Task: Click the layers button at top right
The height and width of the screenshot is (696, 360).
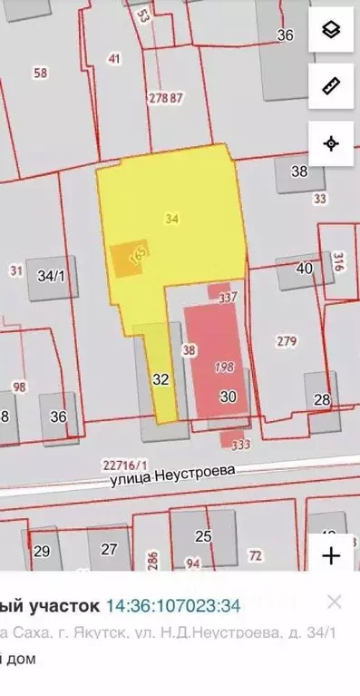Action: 331,31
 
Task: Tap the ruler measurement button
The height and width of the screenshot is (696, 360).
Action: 331,86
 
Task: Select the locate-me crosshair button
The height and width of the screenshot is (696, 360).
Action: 331,143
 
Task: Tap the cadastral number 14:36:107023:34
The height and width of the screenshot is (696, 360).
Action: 174,603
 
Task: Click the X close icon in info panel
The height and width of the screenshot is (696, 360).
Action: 335,602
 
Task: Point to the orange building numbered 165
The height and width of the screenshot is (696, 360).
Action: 127,260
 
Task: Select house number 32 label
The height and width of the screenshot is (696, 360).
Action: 161,379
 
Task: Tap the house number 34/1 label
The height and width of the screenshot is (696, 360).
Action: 51,275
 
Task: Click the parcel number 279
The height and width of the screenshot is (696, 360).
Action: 287,341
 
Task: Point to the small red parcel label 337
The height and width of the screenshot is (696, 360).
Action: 228,296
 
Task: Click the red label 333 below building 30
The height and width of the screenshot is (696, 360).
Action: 240,446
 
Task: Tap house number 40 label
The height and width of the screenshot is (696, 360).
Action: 305,268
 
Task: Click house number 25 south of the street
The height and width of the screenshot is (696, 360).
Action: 203,536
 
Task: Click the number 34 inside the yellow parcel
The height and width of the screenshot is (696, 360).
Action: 172,218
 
